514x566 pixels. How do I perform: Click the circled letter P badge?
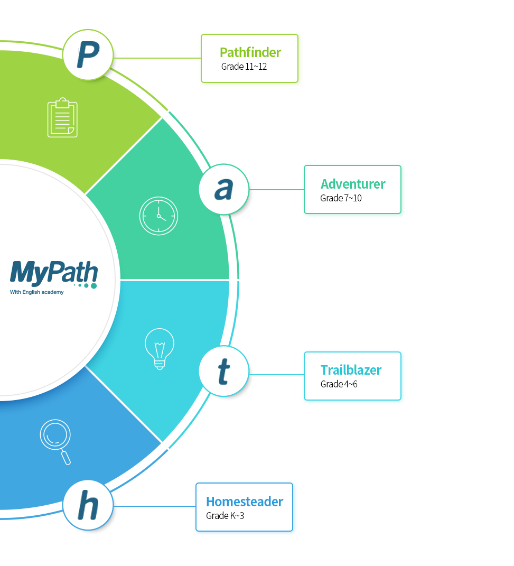pos(88,54)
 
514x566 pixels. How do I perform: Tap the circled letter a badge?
pos(224,189)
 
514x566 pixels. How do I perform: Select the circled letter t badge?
pos(224,371)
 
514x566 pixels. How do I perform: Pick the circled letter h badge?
pos(88,505)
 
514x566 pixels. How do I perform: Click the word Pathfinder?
pos(250,52)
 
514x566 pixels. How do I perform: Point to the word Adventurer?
pos(353,184)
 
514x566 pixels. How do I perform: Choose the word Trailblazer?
pos(351,370)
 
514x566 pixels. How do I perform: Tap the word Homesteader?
pos(245,502)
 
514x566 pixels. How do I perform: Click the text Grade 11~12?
pos(244,67)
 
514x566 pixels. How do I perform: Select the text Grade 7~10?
pos(341,198)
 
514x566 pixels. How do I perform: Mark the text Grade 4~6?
pos(339,384)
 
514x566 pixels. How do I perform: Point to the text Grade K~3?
pos(225,516)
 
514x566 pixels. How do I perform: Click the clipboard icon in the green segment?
pos(62,117)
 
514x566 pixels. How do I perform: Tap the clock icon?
pos(158,216)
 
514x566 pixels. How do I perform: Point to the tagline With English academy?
pos(36,292)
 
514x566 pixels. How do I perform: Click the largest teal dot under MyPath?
pos(94,286)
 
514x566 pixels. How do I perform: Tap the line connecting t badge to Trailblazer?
pos(276,375)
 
